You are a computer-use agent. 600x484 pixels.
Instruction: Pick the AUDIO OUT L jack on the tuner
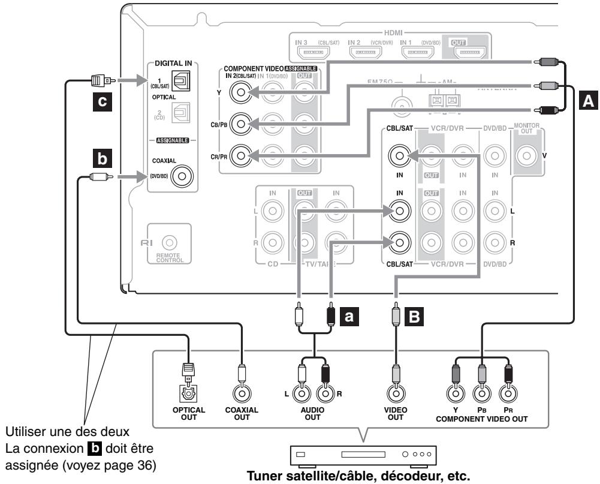303,393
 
